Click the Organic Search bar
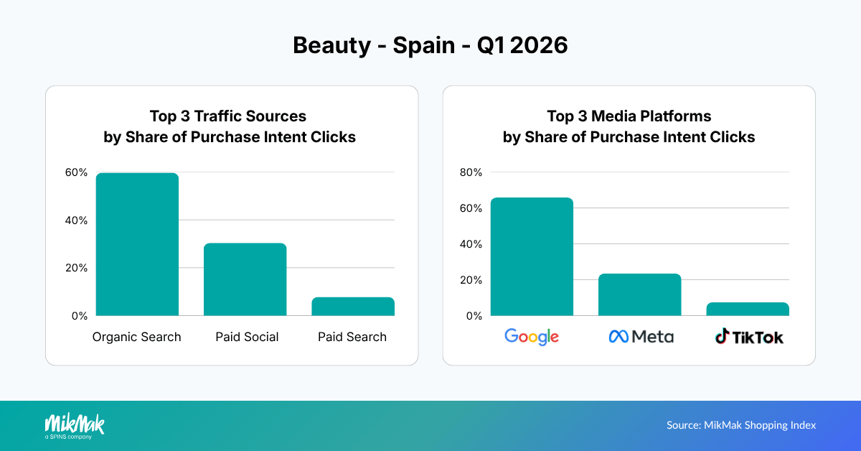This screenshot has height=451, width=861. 137,244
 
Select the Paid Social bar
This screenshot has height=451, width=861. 245,279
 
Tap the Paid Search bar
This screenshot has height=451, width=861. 352,307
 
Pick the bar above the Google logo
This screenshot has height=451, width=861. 532,256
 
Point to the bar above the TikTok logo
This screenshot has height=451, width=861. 747,309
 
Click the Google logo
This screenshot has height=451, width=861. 532,336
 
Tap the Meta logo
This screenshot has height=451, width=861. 641,336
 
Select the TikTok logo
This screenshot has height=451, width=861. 749,336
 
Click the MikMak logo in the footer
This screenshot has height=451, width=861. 75,425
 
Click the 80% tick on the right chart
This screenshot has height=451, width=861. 471,172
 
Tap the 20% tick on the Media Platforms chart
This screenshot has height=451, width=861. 471,280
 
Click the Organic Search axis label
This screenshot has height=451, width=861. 137,337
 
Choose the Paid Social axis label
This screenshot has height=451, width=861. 247,337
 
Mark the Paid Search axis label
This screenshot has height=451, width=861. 352,337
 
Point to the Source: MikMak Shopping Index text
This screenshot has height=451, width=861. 741,425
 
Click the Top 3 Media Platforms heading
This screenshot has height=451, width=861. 629,116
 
